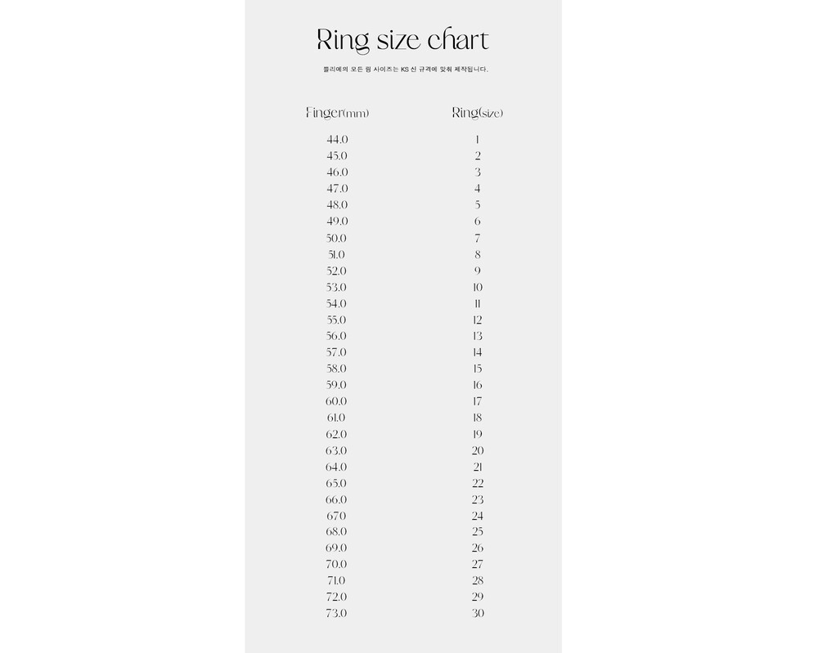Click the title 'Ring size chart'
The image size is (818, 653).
click(402, 40)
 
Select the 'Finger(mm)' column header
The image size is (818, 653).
click(337, 113)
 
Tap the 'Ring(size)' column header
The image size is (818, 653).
click(478, 113)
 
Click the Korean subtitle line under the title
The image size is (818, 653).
click(406, 69)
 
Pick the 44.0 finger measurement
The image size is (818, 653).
click(337, 140)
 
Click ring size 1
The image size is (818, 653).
click(478, 140)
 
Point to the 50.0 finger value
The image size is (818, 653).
click(337, 239)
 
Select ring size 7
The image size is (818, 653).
click(478, 239)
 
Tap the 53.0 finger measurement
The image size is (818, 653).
click(337, 288)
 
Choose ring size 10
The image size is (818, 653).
click(478, 288)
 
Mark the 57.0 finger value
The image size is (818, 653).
click(337, 352)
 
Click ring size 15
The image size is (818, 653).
click(478, 369)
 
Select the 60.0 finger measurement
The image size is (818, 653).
click(337, 401)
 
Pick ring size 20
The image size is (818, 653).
click(478, 450)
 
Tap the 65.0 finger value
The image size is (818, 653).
click(337, 483)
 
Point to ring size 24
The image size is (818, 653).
click(478, 516)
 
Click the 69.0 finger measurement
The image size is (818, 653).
click(337, 548)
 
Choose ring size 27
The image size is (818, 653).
click(478, 564)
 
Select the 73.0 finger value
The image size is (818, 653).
click(337, 613)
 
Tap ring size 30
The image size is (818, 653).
click(478, 613)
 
